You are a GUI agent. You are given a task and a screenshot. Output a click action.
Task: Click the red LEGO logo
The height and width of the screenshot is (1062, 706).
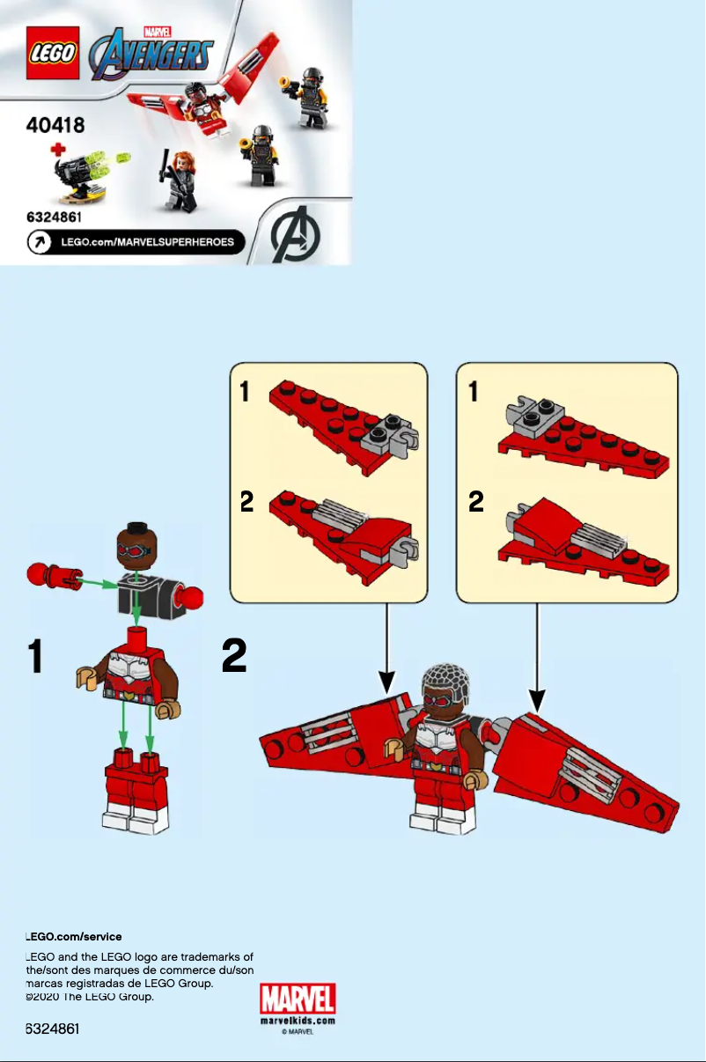tap(53, 53)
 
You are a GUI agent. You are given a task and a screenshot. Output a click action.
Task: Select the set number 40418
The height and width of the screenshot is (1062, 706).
tap(55, 125)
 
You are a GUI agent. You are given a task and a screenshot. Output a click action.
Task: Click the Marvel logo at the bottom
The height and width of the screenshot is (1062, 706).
tap(298, 1000)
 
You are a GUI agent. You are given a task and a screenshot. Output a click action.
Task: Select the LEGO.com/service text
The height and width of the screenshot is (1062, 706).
tap(74, 937)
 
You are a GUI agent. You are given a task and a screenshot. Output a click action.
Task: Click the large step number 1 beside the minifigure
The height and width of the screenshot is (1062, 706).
tap(35, 656)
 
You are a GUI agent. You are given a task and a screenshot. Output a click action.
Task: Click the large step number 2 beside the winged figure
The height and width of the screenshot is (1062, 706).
tap(234, 656)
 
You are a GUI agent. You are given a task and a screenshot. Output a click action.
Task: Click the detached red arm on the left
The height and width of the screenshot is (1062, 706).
tap(53, 577)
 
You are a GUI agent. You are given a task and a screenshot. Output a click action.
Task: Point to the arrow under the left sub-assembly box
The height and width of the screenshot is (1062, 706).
tap(386, 652)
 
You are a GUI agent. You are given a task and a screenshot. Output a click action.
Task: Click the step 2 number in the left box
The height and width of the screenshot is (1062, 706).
tap(247, 502)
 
